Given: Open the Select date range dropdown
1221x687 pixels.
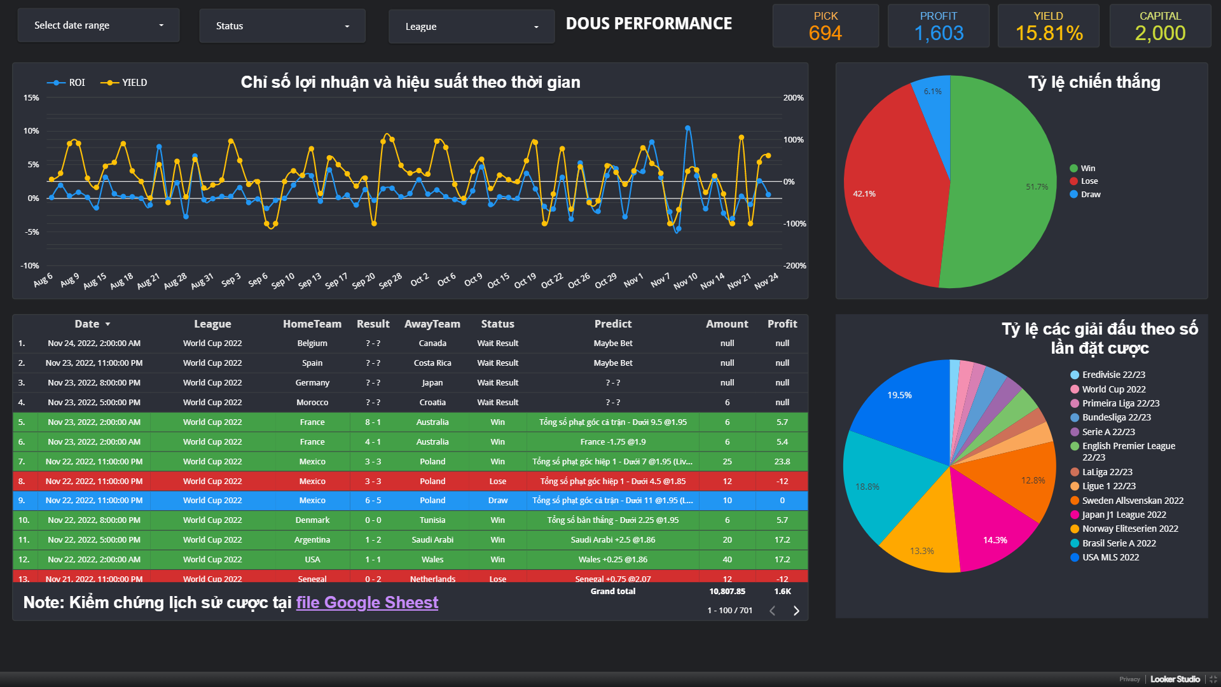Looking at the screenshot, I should tap(99, 25).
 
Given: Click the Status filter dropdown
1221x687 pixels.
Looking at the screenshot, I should tap(282, 26).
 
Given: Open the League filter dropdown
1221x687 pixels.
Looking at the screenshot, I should tap(471, 27).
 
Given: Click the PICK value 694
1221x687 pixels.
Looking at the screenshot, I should tap(825, 33).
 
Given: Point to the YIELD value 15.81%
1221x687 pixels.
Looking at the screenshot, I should tap(1049, 33).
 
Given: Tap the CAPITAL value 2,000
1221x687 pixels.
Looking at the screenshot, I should tap(1160, 33).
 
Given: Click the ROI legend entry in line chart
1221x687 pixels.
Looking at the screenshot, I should tap(67, 83).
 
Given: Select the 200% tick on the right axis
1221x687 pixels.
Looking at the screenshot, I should tap(793, 98).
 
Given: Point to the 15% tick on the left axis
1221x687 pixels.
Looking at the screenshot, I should tap(31, 98).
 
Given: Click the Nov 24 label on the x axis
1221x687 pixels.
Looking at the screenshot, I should tap(766, 281).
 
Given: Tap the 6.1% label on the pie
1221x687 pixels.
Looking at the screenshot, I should tap(932, 92).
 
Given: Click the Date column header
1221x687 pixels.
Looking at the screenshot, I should tap(87, 324).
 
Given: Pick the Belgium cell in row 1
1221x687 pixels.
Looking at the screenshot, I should tap(312, 343).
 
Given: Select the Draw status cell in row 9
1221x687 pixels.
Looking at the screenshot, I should tap(497, 501).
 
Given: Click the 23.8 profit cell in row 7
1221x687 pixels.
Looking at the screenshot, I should tap(782, 462).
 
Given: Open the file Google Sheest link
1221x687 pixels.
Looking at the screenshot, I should tap(367, 602).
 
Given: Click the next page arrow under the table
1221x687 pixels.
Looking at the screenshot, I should tap(796, 611).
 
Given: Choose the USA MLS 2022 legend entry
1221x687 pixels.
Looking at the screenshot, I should tap(1110, 558).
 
